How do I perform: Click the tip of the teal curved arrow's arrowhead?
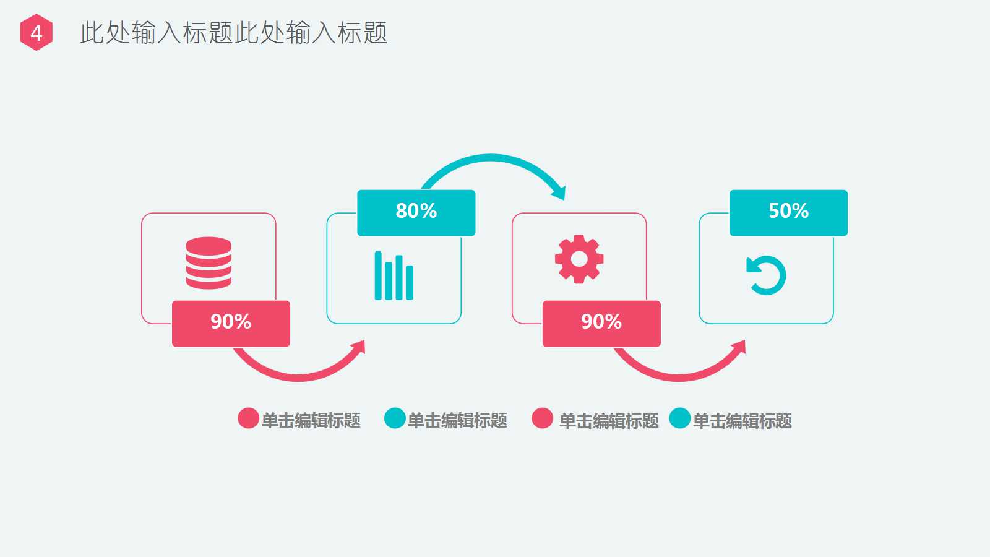564,200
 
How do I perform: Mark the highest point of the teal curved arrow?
491,154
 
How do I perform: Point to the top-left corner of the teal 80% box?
358,191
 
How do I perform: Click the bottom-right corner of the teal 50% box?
847,236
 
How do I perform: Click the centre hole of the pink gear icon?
579,259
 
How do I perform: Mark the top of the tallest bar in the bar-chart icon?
378,252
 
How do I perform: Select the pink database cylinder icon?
209,263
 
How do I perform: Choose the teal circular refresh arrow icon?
766,275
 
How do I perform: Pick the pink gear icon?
579,259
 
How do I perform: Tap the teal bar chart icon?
394,276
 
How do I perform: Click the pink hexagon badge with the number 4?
37,32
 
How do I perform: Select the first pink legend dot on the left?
248,418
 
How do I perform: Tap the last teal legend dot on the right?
680,418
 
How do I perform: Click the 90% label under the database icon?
231,321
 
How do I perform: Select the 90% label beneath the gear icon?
601,321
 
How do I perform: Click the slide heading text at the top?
234,33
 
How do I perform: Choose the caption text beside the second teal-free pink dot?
609,421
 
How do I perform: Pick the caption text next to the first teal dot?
457,420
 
